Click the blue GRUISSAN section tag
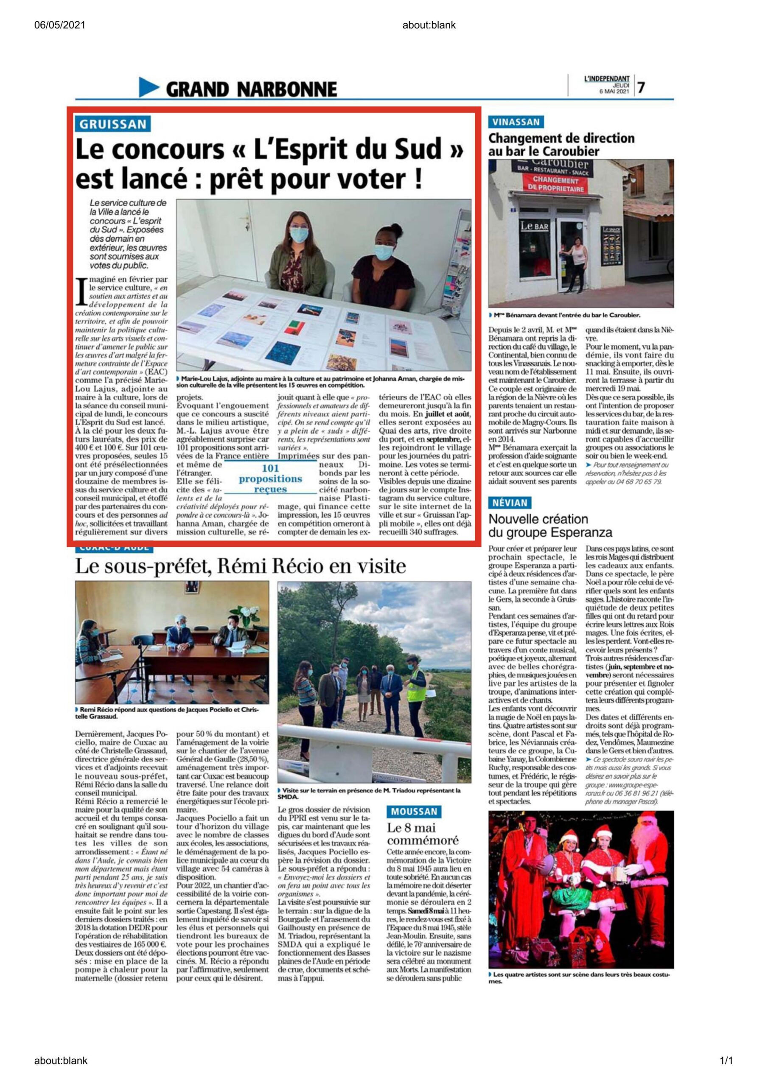pos(112,124)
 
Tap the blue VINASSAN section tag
pos(516,122)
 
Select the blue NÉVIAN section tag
pos(509,502)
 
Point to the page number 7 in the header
pos(641,87)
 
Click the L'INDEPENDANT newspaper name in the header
pos(607,79)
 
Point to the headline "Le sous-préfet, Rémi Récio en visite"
pos(241,566)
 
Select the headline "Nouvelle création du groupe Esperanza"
pos(550,526)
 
